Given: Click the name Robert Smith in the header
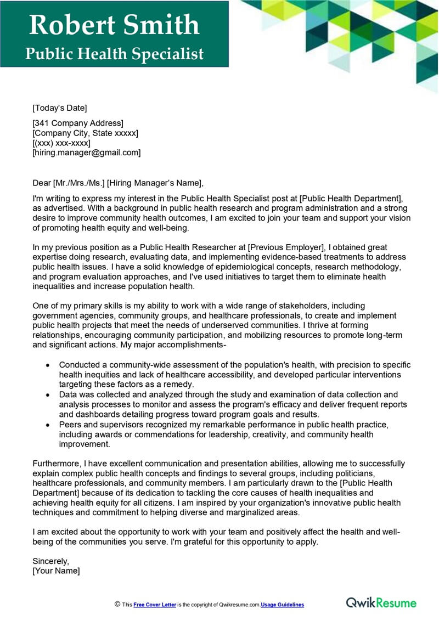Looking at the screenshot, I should click(x=114, y=25).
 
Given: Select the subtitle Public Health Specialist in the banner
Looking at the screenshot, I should click(x=114, y=54).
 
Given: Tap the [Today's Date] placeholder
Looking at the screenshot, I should click(x=60, y=108).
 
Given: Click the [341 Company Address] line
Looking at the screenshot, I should click(x=78, y=123).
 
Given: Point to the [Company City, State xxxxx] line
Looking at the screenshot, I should click(x=85, y=133).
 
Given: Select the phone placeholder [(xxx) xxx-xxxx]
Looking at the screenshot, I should click(x=61, y=143).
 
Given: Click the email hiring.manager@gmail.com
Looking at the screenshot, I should click(x=87, y=153).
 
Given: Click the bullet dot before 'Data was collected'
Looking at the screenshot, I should click(x=48, y=395).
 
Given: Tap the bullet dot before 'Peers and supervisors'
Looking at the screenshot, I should click(x=48, y=425).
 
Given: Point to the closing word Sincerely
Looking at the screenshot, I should click(x=51, y=561).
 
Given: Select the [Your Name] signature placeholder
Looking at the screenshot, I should click(x=56, y=571).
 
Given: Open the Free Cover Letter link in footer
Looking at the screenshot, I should click(x=154, y=605).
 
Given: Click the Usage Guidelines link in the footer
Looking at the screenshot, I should click(x=282, y=605).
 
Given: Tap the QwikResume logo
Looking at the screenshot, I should click(x=381, y=602).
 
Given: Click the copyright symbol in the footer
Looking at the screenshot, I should click(x=117, y=604).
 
